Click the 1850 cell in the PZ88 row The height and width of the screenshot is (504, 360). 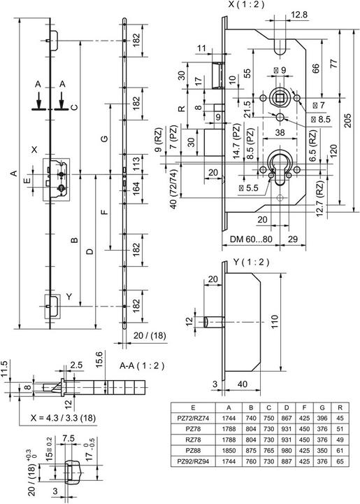tap(229, 450)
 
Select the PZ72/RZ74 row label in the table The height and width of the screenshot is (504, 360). tap(193, 418)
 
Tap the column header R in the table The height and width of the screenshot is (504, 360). tap(340, 407)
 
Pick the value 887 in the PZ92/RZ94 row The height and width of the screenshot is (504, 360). tap(286, 461)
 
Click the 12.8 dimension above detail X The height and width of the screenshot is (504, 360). tap(299, 15)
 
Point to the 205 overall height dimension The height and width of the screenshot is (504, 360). tap(348, 120)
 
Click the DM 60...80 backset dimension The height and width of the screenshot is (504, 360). tap(251, 239)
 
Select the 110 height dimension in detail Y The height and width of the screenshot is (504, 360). tap(274, 323)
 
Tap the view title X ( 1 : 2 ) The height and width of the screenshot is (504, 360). tap(246, 4)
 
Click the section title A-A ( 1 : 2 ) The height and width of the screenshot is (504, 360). tap(142, 365)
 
